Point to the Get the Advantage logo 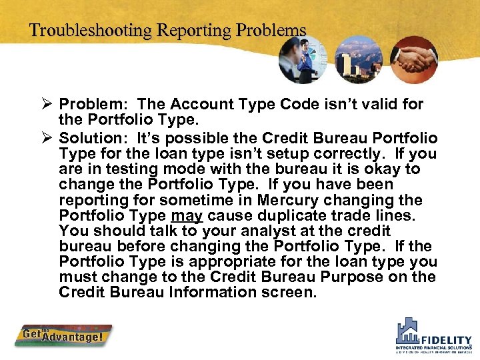(x=64, y=335)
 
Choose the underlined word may (x=187, y=216)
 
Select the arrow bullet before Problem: (x=46, y=105)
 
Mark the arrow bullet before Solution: (x=46, y=138)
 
